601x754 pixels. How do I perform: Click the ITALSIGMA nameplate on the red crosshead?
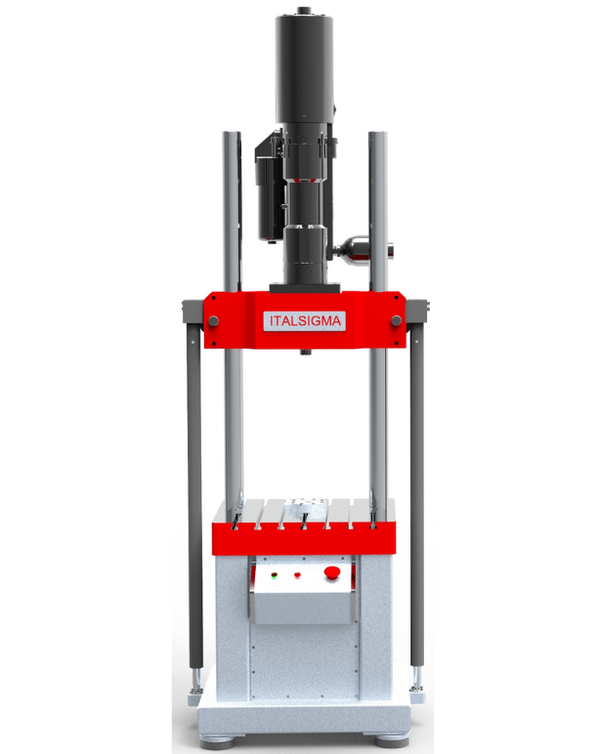click(x=305, y=320)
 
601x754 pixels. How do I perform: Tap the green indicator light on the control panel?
click(x=275, y=575)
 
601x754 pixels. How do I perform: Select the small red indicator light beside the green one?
click(x=297, y=574)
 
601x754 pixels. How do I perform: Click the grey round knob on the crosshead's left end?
click(x=213, y=320)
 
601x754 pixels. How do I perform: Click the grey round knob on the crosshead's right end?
click(x=397, y=320)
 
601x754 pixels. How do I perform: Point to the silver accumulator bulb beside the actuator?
click(x=359, y=250)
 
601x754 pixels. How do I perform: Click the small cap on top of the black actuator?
click(x=304, y=10)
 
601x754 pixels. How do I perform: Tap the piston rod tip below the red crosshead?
click(x=305, y=352)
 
